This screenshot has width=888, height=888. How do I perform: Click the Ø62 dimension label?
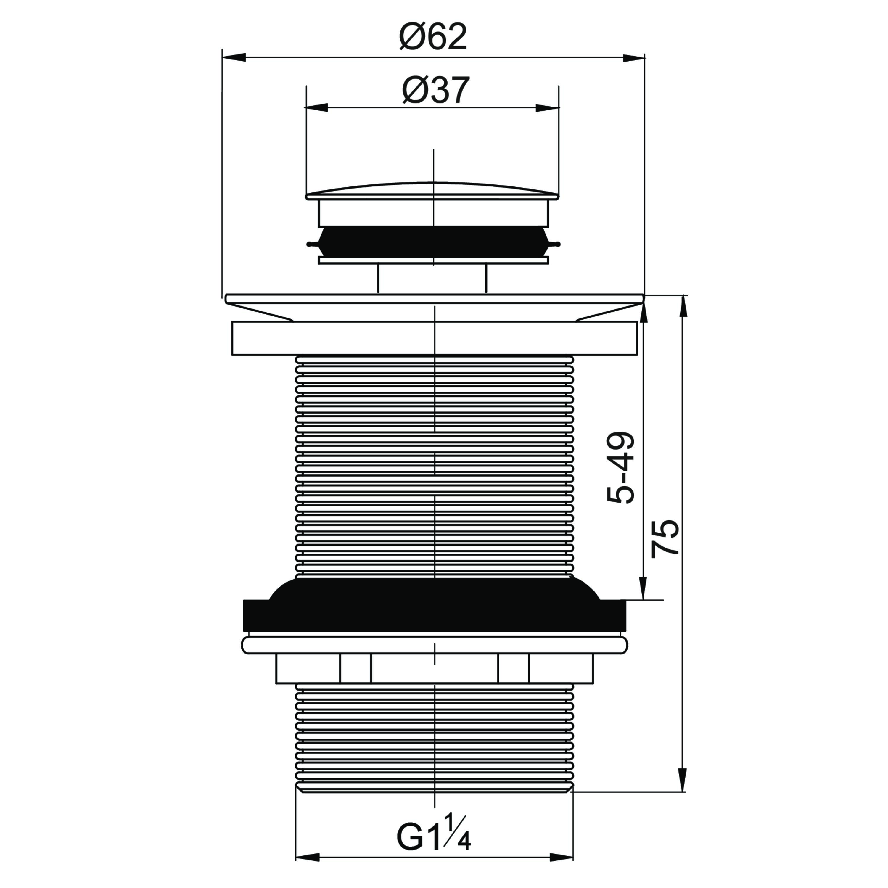tap(433, 36)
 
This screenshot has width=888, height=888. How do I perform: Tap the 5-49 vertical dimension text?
tap(620, 467)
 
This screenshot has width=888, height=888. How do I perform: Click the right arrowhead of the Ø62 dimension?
tap(633, 57)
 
